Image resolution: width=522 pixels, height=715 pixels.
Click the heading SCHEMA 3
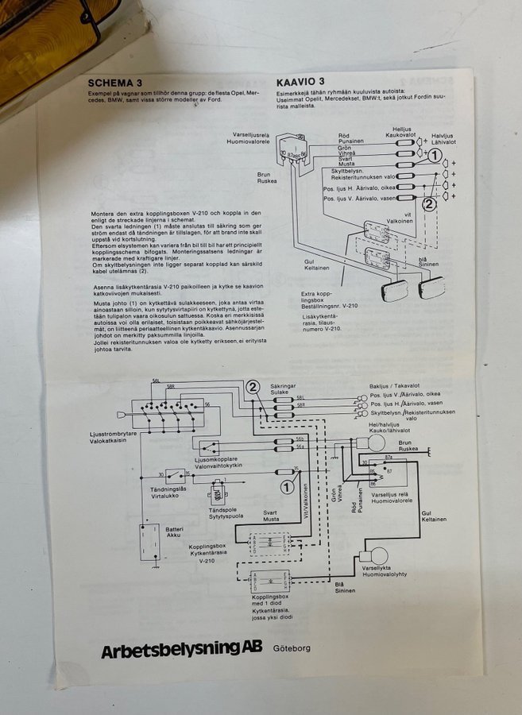click(116, 81)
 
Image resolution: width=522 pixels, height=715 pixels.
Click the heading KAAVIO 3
click(300, 81)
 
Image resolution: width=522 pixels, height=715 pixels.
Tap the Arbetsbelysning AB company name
click(180, 650)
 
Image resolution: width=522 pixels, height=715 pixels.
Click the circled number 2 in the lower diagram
click(253, 387)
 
